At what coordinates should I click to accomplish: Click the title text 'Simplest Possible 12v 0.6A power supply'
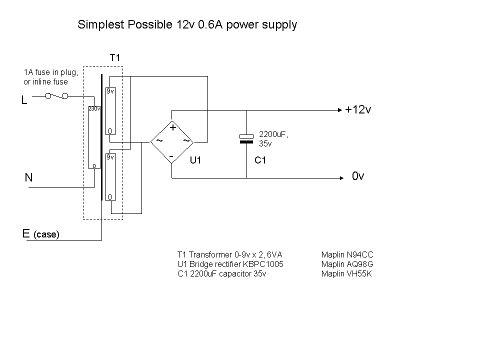point(187,24)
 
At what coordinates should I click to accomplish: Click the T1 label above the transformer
point(115,58)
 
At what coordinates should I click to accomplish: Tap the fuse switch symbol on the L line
point(56,95)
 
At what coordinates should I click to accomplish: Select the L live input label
point(24,101)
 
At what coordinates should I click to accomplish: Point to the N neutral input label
point(28,177)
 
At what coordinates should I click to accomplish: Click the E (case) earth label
point(40,233)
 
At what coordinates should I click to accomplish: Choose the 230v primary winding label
point(94,108)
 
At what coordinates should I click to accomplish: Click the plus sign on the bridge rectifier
point(173,127)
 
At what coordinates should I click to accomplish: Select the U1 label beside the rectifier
point(195,160)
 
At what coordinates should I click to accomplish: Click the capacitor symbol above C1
point(247,138)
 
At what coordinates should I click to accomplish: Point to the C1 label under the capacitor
point(260,160)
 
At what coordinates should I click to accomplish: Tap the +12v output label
point(357,110)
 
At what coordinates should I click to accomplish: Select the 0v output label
point(358,176)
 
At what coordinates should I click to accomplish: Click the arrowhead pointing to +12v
point(339,109)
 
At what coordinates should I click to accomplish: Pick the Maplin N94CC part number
point(347,255)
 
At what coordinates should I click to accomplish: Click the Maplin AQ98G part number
point(347,264)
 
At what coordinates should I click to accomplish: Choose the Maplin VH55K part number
point(347,274)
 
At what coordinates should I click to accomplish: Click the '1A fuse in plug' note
point(50,73)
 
